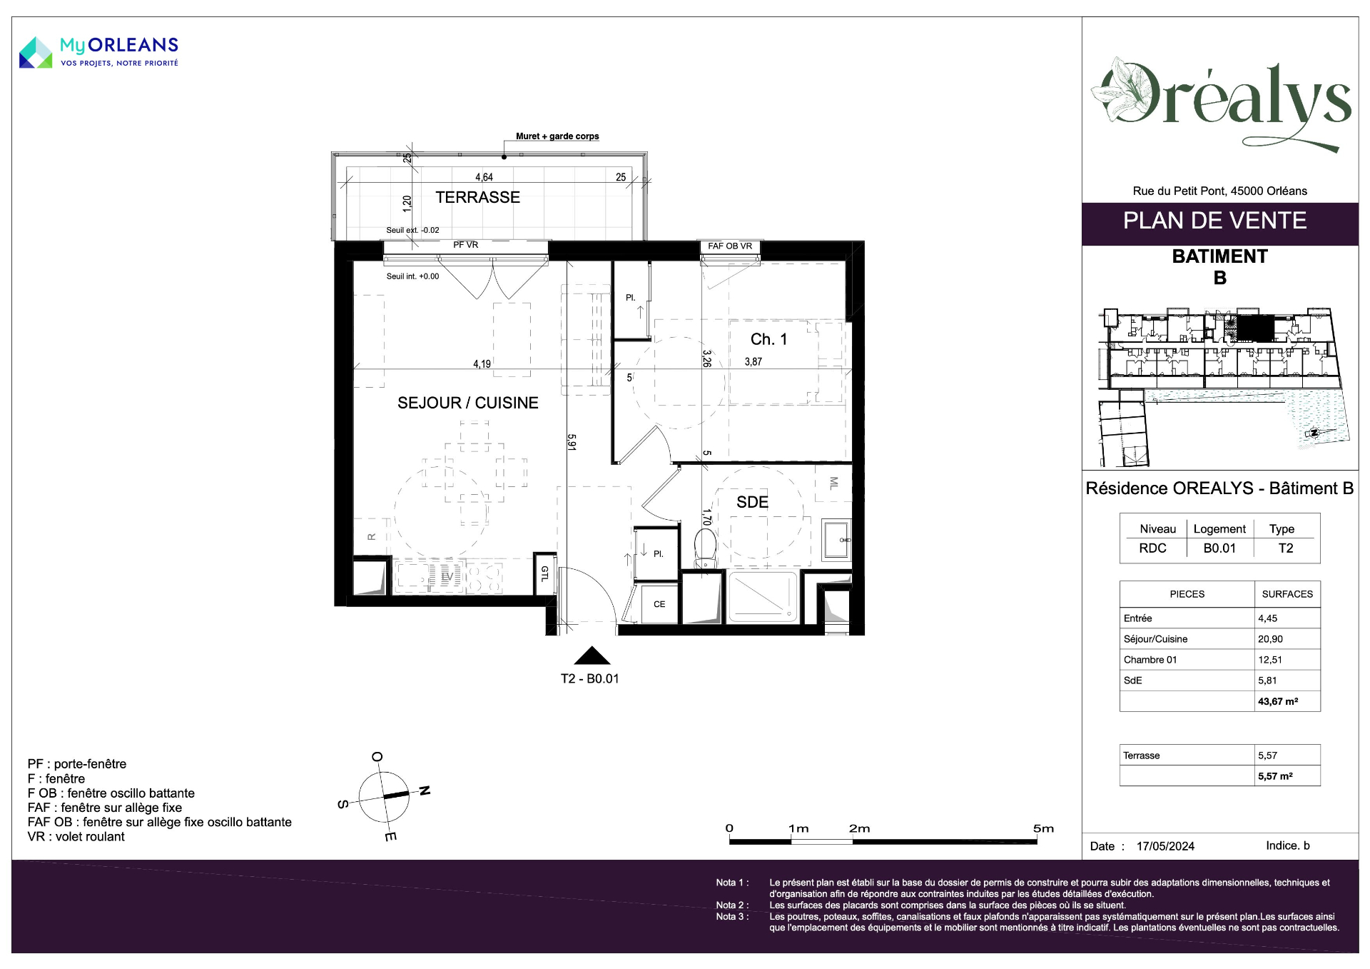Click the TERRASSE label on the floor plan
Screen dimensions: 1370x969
tap(477, 197)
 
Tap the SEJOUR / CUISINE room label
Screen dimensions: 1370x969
tap(468, 403)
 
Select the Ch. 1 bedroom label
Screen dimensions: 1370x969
tap(768, 339)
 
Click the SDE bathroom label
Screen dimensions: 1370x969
tap(752, 502)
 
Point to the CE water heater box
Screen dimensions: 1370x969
tap(659, 604)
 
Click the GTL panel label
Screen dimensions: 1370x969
tap(544, 573)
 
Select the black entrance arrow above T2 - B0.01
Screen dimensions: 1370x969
tap(592, 656)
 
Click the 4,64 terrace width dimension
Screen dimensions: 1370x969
tap(484, 177)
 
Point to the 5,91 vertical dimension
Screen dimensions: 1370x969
tap(572, 442)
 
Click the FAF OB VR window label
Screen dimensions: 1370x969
tap(730, 246)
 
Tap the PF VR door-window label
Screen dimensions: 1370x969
tap(466, 245)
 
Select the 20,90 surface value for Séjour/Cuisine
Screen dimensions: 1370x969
tap(1270, 639)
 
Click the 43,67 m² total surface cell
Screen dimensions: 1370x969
tap(1278, 701)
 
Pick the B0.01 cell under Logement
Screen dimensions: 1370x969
tap(1219, 548)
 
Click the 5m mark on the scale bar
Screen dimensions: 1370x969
tap(1043, 828)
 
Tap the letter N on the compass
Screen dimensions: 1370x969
tap(425, 790)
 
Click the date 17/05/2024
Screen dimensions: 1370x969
tap(1165, 846)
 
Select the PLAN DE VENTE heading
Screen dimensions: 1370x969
tap(1214, 221)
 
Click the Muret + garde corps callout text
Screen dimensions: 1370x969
tap(557, 136)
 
